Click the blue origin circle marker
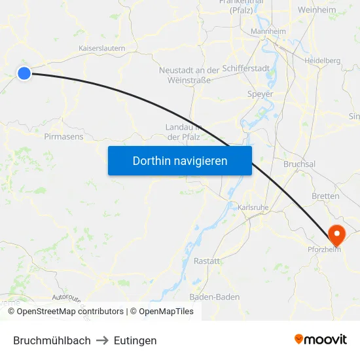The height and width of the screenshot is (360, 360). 24,73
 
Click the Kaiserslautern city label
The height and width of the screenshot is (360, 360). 101,48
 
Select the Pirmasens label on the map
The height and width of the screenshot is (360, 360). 63,137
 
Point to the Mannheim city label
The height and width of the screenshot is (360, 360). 268,31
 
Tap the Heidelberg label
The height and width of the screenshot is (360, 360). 322,60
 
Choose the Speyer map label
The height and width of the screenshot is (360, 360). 260,94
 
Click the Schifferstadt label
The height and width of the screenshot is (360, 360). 245,68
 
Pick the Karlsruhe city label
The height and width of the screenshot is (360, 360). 253,207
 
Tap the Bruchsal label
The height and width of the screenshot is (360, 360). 300,164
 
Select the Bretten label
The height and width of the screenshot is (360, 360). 325,196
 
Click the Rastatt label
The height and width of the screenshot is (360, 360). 207,261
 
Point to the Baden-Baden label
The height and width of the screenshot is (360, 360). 215,297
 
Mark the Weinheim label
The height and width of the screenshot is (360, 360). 317,10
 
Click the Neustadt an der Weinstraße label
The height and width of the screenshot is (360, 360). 189,75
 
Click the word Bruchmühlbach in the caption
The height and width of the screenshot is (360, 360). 52,340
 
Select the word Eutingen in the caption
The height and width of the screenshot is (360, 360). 135,340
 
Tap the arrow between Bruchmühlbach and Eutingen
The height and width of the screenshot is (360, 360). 102,340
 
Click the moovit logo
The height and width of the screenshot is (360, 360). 321,339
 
